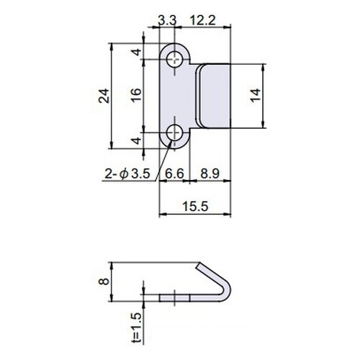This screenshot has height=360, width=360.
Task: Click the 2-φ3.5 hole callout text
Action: point(127,174)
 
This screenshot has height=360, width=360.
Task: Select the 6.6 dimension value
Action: point(175,174)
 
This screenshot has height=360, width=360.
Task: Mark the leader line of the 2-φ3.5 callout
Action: point(164,155)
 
